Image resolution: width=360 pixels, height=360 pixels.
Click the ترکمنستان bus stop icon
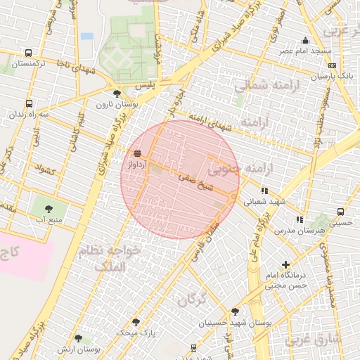pyautogui.click(x=27, y=53)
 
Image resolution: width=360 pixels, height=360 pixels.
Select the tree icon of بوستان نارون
pyautogui.click(x=116, y=92)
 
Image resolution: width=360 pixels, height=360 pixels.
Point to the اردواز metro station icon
pyautogui.click(x=137, y=153)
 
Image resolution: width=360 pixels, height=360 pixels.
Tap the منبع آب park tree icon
pyautogui.click(x=49, y=209)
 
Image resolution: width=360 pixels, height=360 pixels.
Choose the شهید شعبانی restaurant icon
pyautogui.click(x=264, y=190)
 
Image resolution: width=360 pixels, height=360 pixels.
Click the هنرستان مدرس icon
pyautogui.click(x=300, y=220)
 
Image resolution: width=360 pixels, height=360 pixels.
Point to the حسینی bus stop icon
pyautogui.click(x=340, y=211)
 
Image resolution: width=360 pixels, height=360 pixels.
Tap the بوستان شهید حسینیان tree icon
pyautogui.click(x=235, y=311)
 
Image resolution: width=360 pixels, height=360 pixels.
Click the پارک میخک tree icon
pyautogui.click(x=136, y=321)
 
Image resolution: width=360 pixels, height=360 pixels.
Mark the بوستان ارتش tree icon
pyautogui.click(x=78, y=338)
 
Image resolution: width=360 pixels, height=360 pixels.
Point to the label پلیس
pyautogui.click(x=163, y=84)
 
